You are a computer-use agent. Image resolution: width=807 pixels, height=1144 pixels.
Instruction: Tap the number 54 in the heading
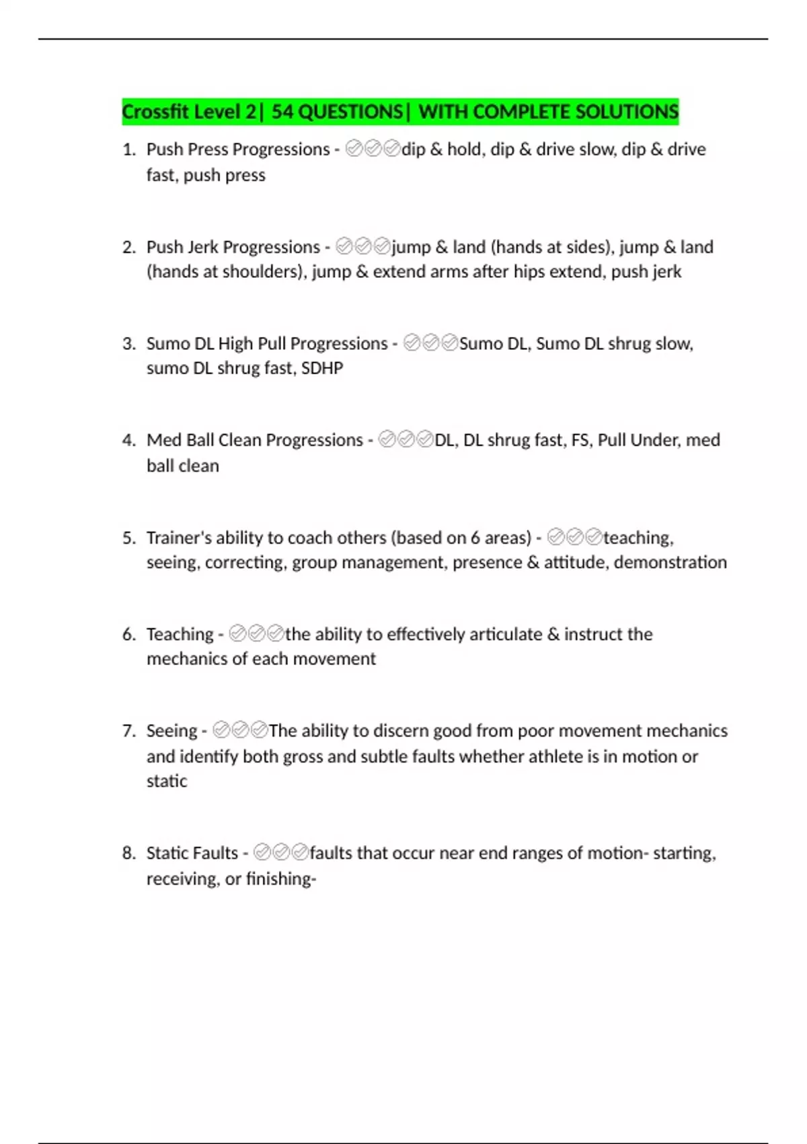click(x=282, y=112)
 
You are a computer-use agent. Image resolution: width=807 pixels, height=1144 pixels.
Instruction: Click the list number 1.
click(x=128, y=149)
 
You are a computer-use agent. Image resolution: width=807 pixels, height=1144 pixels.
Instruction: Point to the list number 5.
click(x=128, y=538)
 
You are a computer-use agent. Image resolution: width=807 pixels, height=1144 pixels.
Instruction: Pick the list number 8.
click(x=128, y=853)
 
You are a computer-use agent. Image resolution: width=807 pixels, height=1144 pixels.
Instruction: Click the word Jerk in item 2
click(x=202, y=247)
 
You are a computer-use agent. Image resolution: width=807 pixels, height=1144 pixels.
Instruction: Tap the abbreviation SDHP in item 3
click(x=322, y=368)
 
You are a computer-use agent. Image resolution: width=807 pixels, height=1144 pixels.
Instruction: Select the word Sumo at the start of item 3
click(x=168, y=344)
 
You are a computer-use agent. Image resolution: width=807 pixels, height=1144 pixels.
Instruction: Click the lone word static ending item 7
click(x=167, y=781)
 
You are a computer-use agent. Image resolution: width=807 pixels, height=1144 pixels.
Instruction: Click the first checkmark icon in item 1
click(x=354, y=149)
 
